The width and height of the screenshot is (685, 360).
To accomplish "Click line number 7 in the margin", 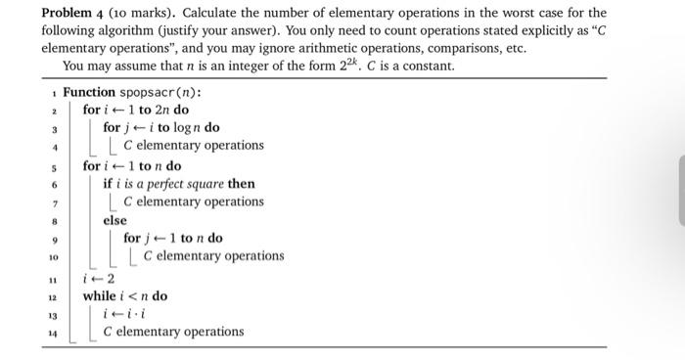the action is pyautogui.click(x=56, y=202).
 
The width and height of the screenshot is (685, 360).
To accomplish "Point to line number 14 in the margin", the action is pyautogui.click(x=55, y=333).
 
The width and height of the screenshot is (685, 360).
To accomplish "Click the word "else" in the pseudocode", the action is pyautogui.click(x=115, y=220).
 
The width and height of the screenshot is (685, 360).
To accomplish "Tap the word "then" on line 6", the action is pyautogui.click(x=242, y=183).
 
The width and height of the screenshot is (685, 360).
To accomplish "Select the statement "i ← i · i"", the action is pyautogui.click(x=123, y=314).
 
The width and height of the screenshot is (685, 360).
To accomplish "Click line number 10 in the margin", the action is pyautogui.click(x=55, y=256).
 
